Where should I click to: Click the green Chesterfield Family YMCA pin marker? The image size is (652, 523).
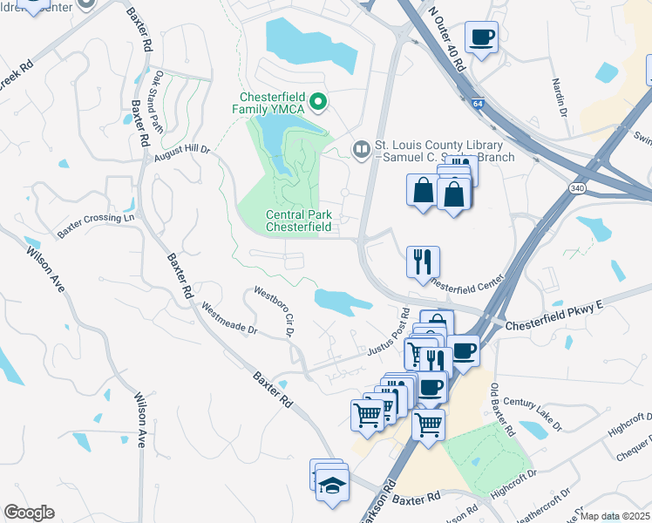click(318, 103)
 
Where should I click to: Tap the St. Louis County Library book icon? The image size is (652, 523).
click(361, 151)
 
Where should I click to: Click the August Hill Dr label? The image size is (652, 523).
click(183, 153)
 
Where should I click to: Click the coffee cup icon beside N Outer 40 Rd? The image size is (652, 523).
click(481, 37)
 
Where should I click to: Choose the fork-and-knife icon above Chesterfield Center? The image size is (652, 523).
click(423, 260)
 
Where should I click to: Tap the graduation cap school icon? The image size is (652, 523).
click(332, 484)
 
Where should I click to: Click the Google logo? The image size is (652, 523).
click(30, 513)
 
